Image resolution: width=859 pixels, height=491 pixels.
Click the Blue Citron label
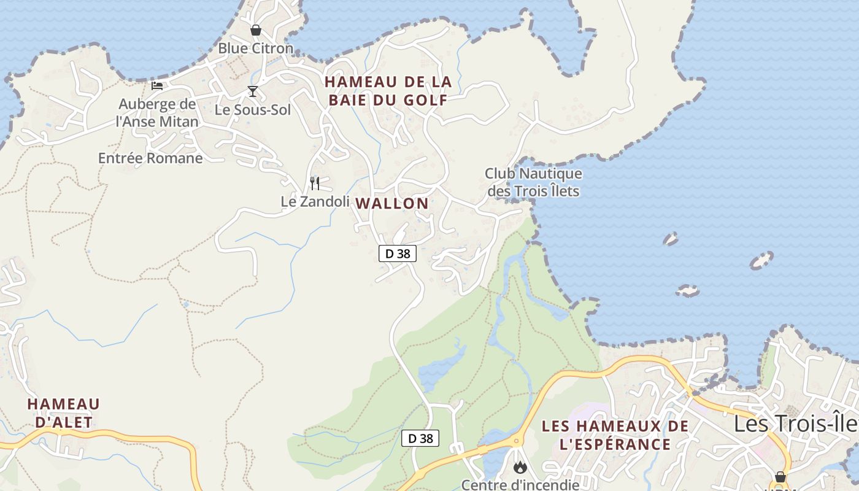click(256, 48)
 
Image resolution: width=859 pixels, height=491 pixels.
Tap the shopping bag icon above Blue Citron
click(256, 29)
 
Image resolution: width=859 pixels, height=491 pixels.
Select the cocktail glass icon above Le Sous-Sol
click(252, 91)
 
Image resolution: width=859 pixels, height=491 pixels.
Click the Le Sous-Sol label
click(252, 110)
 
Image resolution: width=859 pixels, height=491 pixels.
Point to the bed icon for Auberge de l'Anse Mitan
click(157, 85)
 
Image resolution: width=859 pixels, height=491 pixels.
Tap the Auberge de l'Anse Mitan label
click(157, 113)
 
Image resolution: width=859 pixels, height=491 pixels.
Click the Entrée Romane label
click(150, 158)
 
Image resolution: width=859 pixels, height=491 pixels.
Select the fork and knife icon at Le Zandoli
click(315, 183)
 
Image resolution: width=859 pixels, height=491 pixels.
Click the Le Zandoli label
click(315, 201)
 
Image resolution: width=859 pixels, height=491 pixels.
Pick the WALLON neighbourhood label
click(392, 203)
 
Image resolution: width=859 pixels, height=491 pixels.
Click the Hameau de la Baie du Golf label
click(388, 91)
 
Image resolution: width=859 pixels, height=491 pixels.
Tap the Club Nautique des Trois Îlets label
click(533, 182)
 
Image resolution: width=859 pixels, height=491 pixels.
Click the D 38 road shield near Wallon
click(398, 253)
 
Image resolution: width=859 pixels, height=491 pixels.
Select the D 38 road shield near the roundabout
click(420, 438)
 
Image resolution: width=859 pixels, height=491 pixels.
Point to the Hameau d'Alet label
click(63, 413)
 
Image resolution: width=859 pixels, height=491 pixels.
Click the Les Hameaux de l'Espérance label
click(606, 435)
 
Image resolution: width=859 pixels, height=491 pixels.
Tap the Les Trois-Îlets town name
click(796, 423)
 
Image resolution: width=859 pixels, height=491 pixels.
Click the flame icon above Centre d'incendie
click(520, 467)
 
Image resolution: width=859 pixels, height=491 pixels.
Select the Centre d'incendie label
click(520, 485)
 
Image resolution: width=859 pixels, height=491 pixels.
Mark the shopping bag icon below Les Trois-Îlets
click(780, 476)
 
